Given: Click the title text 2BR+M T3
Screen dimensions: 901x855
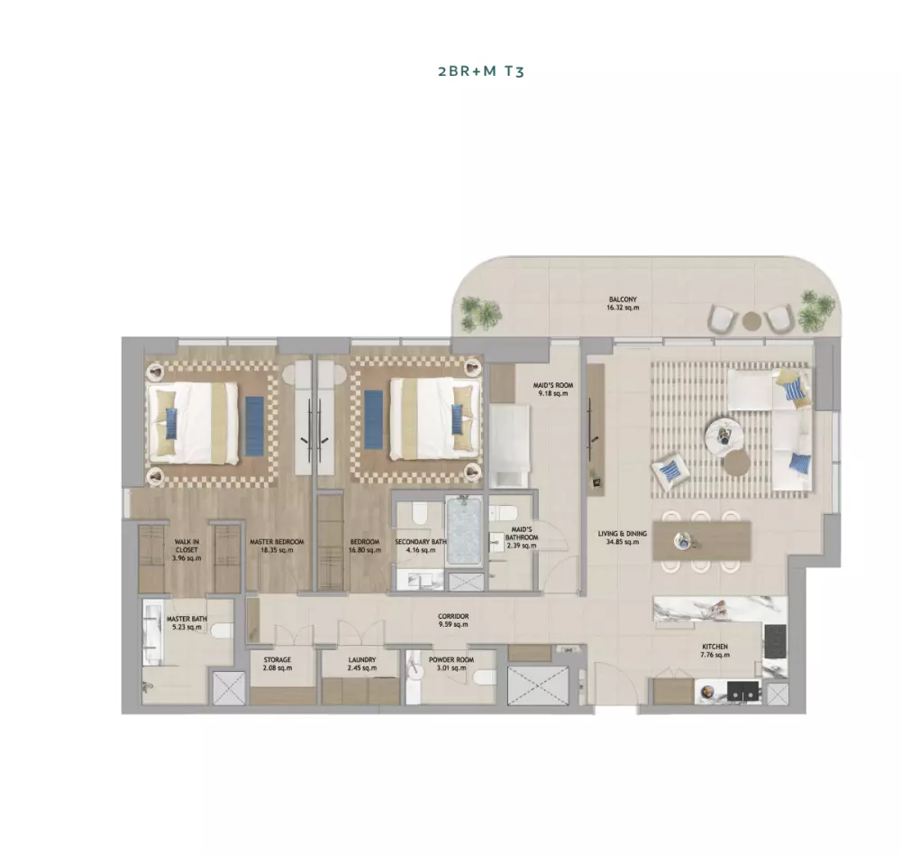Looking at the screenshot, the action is point(481,71).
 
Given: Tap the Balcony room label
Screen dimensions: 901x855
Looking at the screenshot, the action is point(623,299).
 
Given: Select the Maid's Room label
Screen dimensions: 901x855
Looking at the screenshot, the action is point(553,385).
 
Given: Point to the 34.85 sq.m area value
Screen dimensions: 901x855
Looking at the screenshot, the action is point(623,542).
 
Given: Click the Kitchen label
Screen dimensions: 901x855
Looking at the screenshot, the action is point(714,647).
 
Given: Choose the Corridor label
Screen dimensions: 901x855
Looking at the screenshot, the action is point(453,616).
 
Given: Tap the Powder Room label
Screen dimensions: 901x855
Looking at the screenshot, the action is point(451,660).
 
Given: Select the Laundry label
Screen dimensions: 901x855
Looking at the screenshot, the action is point(362,660).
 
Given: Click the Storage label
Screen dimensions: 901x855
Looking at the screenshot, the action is point(278,660).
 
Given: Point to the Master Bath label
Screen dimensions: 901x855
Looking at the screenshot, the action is point(187,619).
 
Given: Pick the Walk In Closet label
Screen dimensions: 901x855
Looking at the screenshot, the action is point(187,546).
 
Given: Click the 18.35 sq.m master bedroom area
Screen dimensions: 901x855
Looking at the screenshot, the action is point(277,550).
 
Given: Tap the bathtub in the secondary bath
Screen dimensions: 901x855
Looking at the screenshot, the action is point(464,530).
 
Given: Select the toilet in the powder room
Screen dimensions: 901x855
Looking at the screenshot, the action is point(485,677).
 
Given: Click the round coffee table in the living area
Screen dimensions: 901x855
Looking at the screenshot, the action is point(724,431).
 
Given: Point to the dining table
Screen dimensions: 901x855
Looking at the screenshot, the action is point(702,540).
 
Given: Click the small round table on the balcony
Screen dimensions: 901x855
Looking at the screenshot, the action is point(751,320).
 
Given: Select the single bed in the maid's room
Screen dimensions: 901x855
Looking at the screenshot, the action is point(509,446).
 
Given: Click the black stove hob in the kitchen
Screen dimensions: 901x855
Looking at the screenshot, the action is point(775,642).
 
